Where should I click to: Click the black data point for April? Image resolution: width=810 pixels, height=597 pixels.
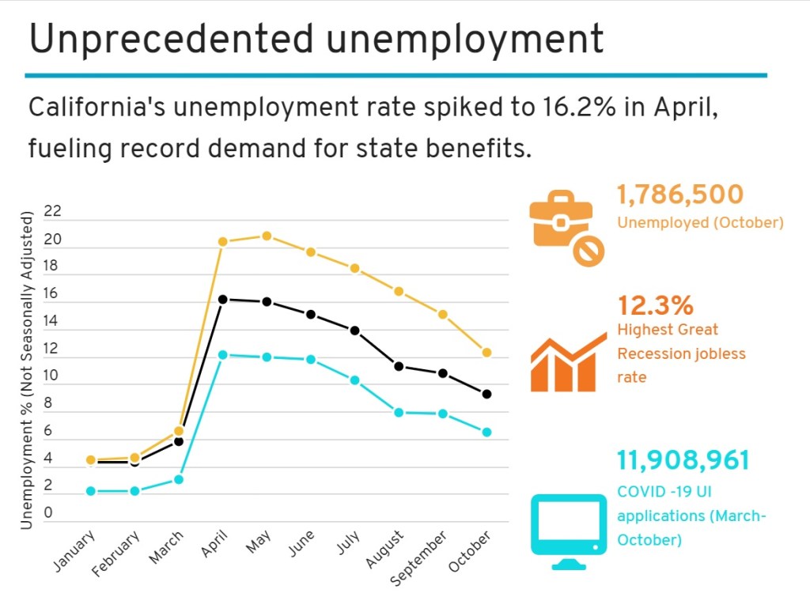[223, 300]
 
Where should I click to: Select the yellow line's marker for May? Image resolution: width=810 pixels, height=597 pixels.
[267, 236]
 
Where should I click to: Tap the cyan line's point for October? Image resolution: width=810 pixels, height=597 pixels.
[487, 433]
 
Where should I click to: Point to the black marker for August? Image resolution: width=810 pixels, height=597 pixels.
[399, 366]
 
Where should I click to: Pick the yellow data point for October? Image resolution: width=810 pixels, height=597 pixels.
[487, 353]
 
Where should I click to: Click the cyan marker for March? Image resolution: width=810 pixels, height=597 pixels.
[179, 479]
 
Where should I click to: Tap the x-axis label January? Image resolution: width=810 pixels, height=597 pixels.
[75, 551]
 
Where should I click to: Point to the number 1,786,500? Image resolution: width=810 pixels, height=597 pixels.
[680, 195]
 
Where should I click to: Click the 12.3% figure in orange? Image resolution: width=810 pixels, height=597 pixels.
[655, 304]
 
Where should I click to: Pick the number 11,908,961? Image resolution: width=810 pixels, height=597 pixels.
[683, 460]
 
